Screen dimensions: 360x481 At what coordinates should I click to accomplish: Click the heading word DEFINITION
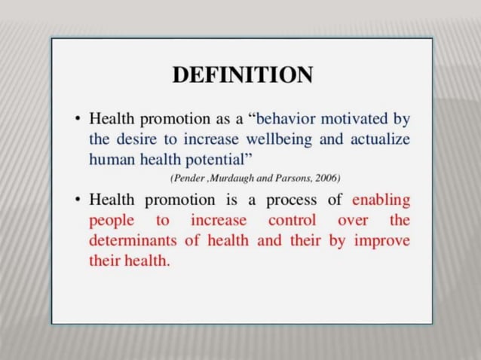pos(243,75)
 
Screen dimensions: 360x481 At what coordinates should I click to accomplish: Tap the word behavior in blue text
pos(289,119)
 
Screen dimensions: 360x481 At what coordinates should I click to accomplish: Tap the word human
pos(111,159)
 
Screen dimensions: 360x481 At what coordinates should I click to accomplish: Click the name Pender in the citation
pos(186,178)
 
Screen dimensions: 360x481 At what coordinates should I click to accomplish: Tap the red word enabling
pos(381,201)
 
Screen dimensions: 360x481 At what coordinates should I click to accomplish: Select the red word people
pos(110,221)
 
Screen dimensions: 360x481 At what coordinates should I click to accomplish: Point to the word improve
pos(381,242)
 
